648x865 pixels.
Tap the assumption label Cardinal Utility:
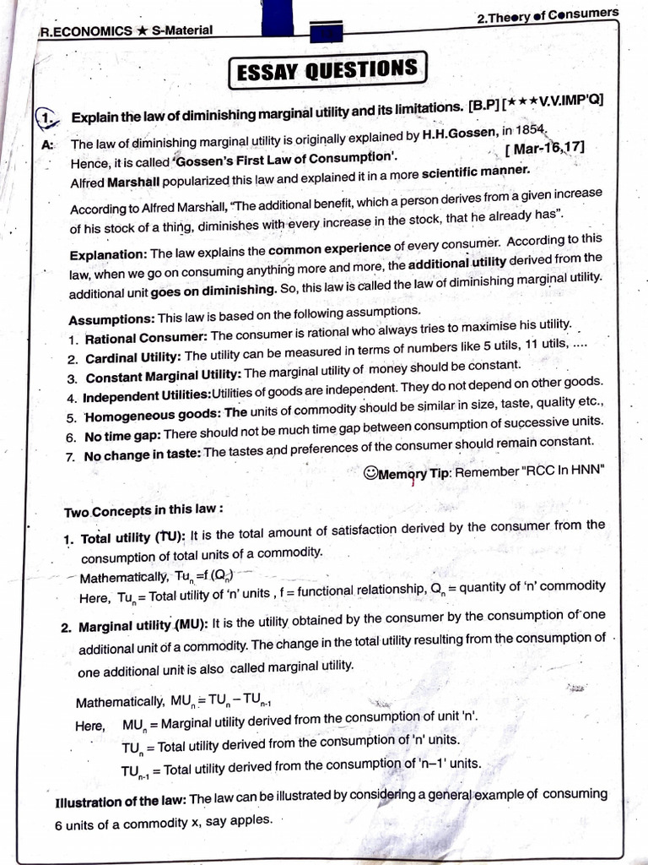point(132,358)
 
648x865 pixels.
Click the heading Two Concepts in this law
point(143,512)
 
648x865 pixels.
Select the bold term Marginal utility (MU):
point(143,628)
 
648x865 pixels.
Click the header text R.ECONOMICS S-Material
point(126,31)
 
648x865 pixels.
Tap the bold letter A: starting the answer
point(46,144)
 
